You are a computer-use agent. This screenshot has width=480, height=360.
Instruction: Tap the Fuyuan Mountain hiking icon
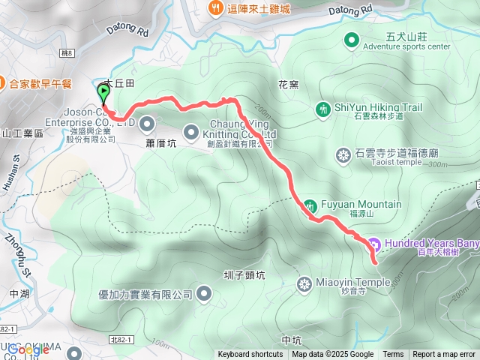click(310, 205)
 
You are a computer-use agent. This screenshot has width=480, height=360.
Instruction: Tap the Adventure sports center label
click(406, 46)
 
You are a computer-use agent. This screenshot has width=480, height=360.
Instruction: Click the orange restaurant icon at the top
click(215, 8)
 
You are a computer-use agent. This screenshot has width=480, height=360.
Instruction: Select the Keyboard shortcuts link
click(250, 355)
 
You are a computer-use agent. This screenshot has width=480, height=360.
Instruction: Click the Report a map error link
click(444, 355)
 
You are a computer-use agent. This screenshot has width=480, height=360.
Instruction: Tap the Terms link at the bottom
click(393, 355)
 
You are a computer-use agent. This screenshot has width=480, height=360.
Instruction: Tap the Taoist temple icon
click(343, 155)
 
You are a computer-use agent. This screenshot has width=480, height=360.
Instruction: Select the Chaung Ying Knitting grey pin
click(191, 129)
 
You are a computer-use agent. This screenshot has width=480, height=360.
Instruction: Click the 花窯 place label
click(288, 85)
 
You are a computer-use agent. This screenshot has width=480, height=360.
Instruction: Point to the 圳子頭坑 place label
click(244, 275)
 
